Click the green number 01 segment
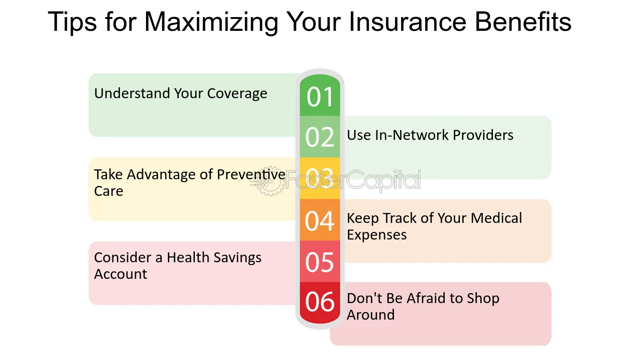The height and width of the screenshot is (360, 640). pyautogui.click(x=320, y=95)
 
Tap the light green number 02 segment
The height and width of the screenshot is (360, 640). pyautogui.click(x=320, y=137)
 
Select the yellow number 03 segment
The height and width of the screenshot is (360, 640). pyautogui.click(x=320, y=178)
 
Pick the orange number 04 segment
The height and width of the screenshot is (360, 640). pyautogui.click(x=320, y=220)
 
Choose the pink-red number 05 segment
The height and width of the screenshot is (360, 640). pyautogui.click(x=320, y=261)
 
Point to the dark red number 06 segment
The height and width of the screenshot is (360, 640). pyautogui.click(x=320, y=303)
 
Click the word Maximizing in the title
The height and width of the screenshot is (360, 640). pyautogui.click(x=211, y=23)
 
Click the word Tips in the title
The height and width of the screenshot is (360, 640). pyautogui.click(x=72, y=23)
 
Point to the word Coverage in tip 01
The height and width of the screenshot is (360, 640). pyautogui.click(x=237, y=94)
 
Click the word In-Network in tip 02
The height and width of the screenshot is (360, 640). pyautogui.click(x=411, y=135)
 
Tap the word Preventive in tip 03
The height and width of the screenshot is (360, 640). pyautogui.click(x=251, y=175)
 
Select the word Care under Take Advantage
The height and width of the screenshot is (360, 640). pyautogui.click(x=109, y=191)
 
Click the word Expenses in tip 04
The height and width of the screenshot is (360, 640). pyautogui.click(x=376, y=235)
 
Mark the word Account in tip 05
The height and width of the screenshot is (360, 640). pyautogui.click(x=120, y=274)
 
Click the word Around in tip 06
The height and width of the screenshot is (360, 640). pyautogui.click(x=371, y=315)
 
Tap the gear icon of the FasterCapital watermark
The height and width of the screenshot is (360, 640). pyautogui.click(x=269, y=181)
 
